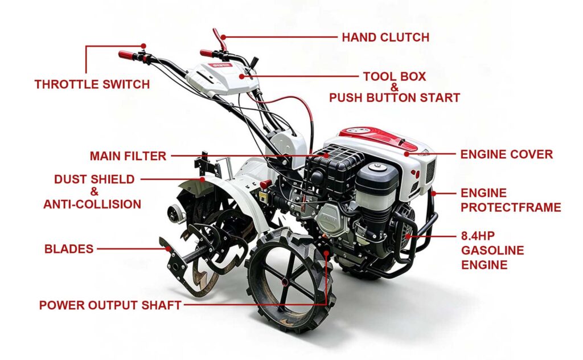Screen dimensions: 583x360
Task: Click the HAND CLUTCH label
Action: click(x=385, y=37)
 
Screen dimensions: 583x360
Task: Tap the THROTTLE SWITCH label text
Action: click(x=92, y=84)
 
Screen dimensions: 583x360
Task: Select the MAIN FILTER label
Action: click(x=128, y=156)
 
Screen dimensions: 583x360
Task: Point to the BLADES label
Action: click(x=69, y=249)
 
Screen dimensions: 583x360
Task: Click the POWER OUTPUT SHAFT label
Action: click(x=110, y=305)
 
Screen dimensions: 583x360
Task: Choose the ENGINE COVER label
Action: click(x=506, y=154)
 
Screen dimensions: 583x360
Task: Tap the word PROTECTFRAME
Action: click(x=511, y=207)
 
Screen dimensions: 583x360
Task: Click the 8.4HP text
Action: click(x=478, y=236)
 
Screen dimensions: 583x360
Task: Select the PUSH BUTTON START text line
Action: click(x=395, y=98)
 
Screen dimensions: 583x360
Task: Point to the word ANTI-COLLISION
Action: click(x=92, y=204)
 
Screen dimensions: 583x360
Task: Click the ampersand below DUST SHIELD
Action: click(x=95, y=192)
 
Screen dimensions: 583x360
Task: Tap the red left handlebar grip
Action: click(x=128, y=55)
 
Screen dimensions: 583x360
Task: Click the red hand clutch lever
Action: click(x=219, y=39)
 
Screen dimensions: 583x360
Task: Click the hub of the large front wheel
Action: click(x=285, y=282)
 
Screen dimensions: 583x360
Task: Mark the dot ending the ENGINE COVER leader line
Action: click(x=407, y=154)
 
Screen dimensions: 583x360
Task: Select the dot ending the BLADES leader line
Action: click(x=169, y=249)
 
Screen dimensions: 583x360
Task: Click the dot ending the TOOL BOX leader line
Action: click(x=241, y=76)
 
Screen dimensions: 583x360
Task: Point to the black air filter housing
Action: click(x=329, y=167)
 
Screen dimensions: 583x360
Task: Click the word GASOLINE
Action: click(x=492, y=250)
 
